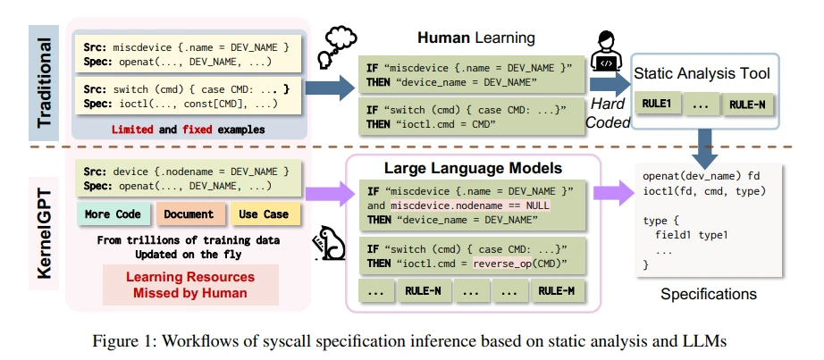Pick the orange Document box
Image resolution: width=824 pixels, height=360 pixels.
click(x=189, y=214)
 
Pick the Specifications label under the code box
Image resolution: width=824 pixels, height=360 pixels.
click(x=708, y=293)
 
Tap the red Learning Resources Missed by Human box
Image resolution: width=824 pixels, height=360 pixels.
click(x=189, y=284)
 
